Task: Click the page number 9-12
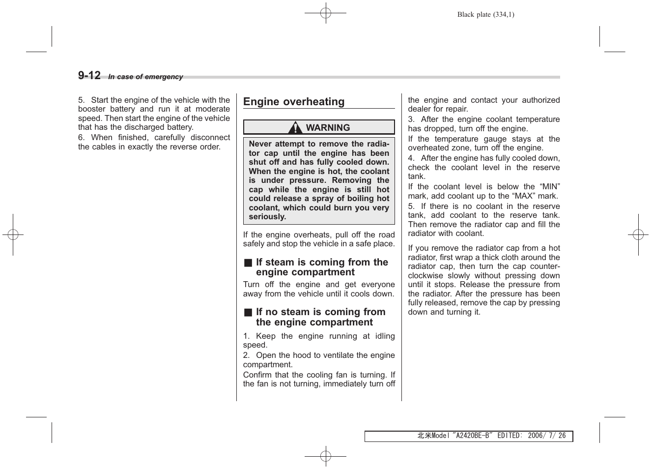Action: pos(89,75)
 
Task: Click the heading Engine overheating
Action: pos(294,102)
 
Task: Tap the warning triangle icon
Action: pos(295,128)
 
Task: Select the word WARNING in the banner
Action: pos(328,128)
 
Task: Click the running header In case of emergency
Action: pos(145,77)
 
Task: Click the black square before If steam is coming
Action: pos(248,263)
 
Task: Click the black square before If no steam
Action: pos(248,313)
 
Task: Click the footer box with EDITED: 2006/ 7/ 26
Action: pos(468,436)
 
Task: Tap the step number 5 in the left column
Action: pos(81,100)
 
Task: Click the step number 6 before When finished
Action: pos(81,138)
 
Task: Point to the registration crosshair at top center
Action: pos(325,13)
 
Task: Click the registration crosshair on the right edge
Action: pos(638,235)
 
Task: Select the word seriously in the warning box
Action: pos(267,217)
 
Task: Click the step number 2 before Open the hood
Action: pos(246,355)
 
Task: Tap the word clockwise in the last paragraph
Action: pos(425,276)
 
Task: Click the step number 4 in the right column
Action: pos(411,158)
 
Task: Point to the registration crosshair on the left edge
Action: pos(13,235)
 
